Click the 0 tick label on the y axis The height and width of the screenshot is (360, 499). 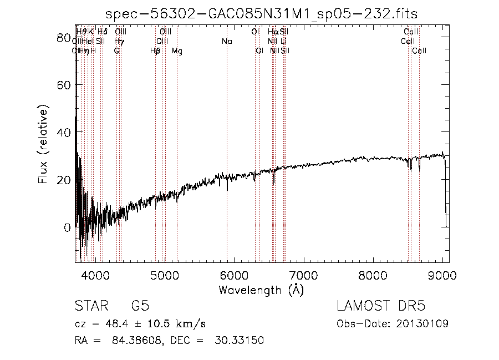68,227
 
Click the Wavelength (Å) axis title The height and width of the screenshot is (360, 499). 261,290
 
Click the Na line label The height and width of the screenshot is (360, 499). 226,42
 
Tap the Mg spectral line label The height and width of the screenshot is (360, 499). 177,51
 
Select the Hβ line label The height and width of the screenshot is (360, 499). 155,51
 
